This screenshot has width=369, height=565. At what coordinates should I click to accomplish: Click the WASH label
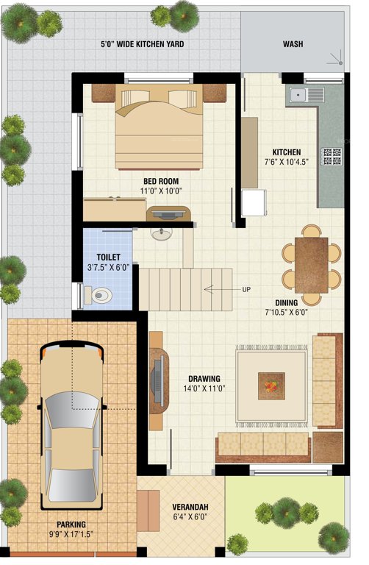click(293, 44)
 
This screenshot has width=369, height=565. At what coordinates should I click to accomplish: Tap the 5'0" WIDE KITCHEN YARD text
click(142, 44)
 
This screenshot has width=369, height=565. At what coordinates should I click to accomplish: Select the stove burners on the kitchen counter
click(332, 156)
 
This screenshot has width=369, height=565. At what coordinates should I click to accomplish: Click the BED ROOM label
click(160, 181)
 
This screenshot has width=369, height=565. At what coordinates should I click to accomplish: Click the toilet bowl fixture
click(98, 296)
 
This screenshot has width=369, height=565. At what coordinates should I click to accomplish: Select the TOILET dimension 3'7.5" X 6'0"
click(108, 268)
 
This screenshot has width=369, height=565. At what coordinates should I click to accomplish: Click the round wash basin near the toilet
click(160, 235)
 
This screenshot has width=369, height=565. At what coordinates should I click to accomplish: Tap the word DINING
click(286, 302)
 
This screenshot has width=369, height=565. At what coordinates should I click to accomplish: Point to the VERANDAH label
click(190, 507)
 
